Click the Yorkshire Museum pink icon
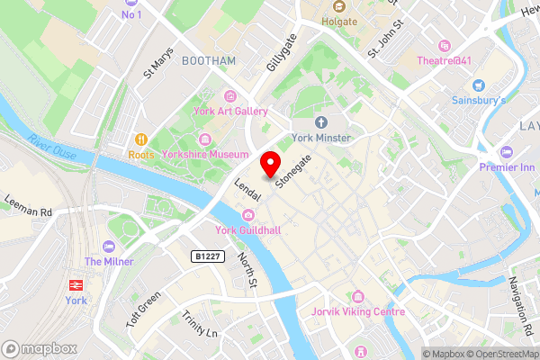(205, 139)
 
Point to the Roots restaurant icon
(141, 139)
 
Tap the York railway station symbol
(76, 283)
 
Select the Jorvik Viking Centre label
(358, 311)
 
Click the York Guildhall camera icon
(248, 214)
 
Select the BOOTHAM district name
(208, 60)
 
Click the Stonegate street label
(294, 170)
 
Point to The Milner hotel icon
(109, 247)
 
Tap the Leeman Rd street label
(28, 205)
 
